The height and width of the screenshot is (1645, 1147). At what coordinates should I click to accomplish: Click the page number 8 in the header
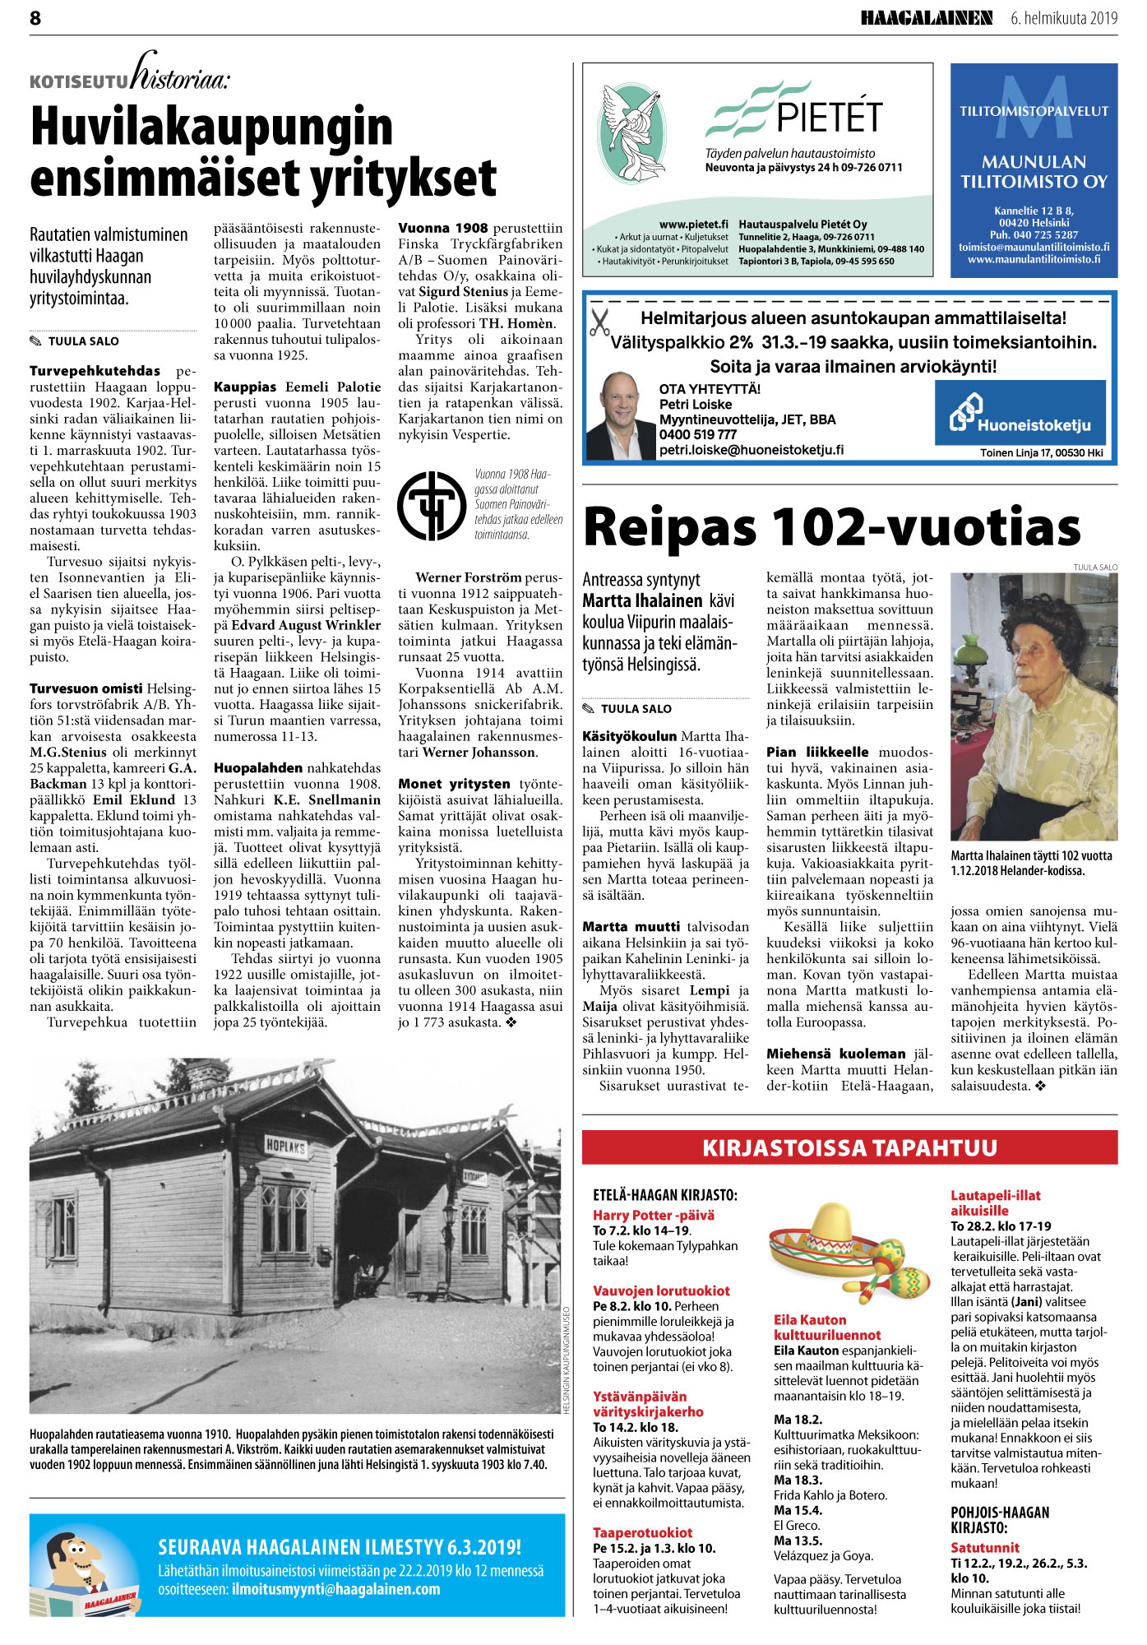click(35, 18)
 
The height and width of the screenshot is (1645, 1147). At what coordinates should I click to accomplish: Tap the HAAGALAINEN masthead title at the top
click(926, 18)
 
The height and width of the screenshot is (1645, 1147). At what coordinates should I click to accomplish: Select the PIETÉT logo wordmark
click(829, 116)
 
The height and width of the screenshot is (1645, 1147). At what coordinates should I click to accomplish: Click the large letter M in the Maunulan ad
click(1034, 107)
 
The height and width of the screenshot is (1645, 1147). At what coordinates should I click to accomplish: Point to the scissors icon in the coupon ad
click(599, 322)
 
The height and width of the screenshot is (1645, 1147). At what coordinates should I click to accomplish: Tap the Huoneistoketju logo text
click(1034, 425)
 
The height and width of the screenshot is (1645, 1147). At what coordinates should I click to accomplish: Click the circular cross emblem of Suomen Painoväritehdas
click(432, 505)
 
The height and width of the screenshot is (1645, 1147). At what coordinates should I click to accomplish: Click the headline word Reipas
click(669, 527)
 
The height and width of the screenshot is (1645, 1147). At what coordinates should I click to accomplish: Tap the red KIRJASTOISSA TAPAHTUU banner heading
click(849, 1147)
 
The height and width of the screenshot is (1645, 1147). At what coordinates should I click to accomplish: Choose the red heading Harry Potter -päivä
click(654, 1215)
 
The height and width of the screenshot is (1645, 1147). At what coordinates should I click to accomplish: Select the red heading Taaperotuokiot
click(642, 1532)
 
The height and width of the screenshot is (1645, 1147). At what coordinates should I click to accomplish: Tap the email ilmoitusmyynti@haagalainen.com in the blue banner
click(335, 1589)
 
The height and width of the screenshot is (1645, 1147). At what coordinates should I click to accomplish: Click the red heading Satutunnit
click(984, 1547)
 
